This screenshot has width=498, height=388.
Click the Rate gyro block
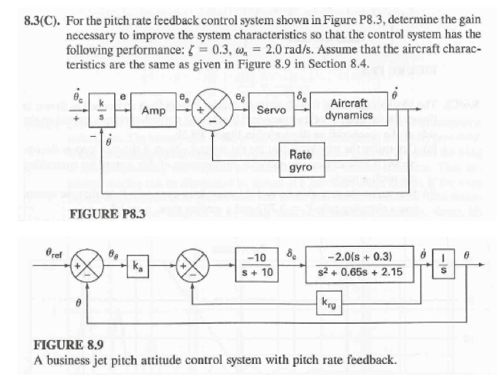click(300, 160)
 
